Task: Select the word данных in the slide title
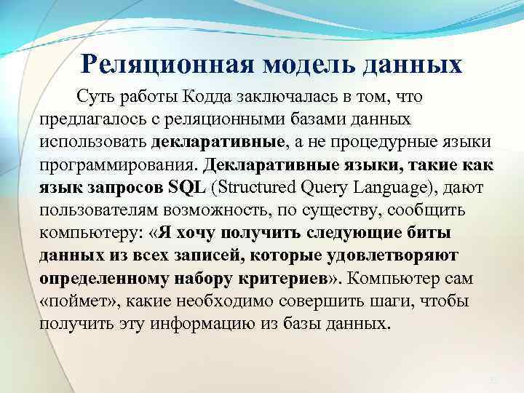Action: click(416, 65)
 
